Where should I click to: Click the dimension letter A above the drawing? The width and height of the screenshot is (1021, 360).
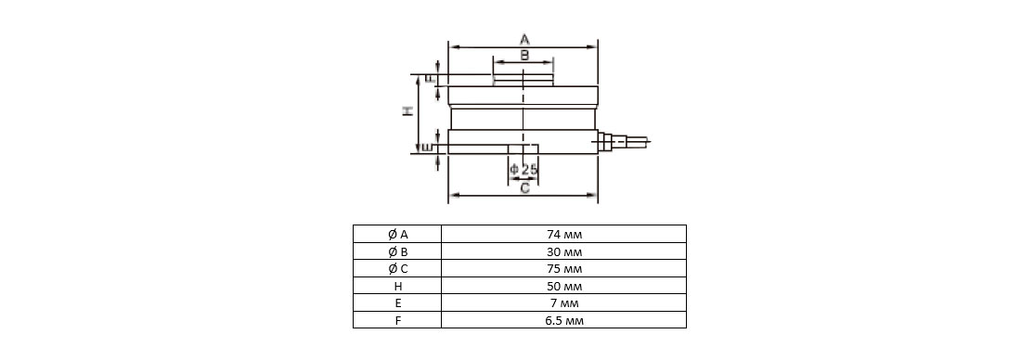click(x=524, y=40)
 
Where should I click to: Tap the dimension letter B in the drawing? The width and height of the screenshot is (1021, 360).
click(x=524, y=56)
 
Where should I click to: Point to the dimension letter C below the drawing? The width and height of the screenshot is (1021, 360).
click(x=524, y=188)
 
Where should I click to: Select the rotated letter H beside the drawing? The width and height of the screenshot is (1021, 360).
click(x=407, y=111)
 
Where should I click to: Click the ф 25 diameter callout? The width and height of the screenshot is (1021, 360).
click(x=524, y=170)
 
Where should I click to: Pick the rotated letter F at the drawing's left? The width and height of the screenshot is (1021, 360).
click(x=429, y=79)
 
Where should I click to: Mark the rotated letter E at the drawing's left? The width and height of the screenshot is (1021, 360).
click(x=427, y=148)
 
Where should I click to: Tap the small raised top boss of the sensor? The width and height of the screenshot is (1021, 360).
click(x=523, y=80)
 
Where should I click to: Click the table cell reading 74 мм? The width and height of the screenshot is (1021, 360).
click(x=564, y=235)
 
